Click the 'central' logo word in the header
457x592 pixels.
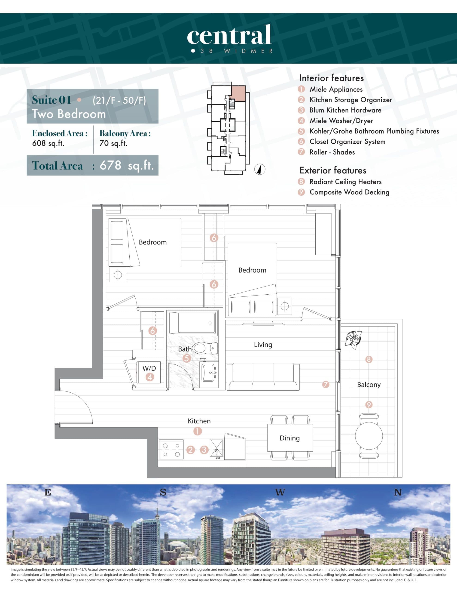(x=229, y=35)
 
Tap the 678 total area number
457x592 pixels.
(x=110, y=165)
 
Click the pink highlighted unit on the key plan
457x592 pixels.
(x=238, y=93)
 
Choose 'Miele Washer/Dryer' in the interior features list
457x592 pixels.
(x=341, y=121)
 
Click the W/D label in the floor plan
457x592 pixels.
(x=149, y=368)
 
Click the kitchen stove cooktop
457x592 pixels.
(x=171, y=450)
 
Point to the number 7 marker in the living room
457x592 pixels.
(x=326, y=384)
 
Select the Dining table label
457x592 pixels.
(x=289, y=438)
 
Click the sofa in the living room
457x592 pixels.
(x=263, y=377)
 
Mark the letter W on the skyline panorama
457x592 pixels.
(x=280, y=492)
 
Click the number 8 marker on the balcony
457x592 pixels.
(x=369, y=359)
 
